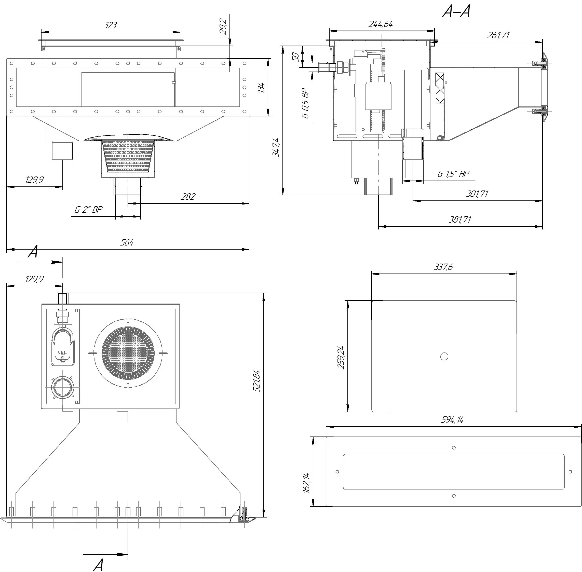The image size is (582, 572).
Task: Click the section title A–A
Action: [x=456, y=12]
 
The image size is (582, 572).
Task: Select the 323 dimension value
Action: [x=110, y=25]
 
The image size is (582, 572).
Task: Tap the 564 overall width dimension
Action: [x=127, y=242]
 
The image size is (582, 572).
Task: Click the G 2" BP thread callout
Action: [x=88, y=209]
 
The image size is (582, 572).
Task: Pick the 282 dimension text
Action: [x=188, y=196]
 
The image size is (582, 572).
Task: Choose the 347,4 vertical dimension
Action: [x=276, y=147]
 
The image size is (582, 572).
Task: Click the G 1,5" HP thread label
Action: [x=453, y=174]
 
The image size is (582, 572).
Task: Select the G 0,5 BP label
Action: [x=306, y=103]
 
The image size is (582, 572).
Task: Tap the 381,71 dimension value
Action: [x=460, y=220]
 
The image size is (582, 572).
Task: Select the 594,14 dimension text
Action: [x=452, y=419]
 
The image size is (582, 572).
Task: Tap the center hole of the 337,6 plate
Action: [x=444, y=356]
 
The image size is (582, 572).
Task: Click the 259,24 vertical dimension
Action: [x=341, y=358]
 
